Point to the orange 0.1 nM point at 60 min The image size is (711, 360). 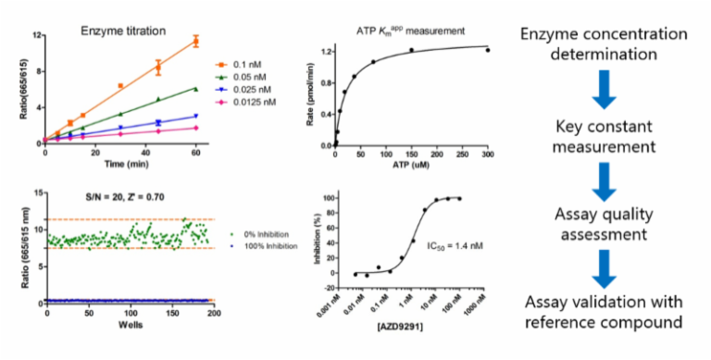(x=195, y=41)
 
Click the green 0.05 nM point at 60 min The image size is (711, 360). (x=195, y=89)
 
